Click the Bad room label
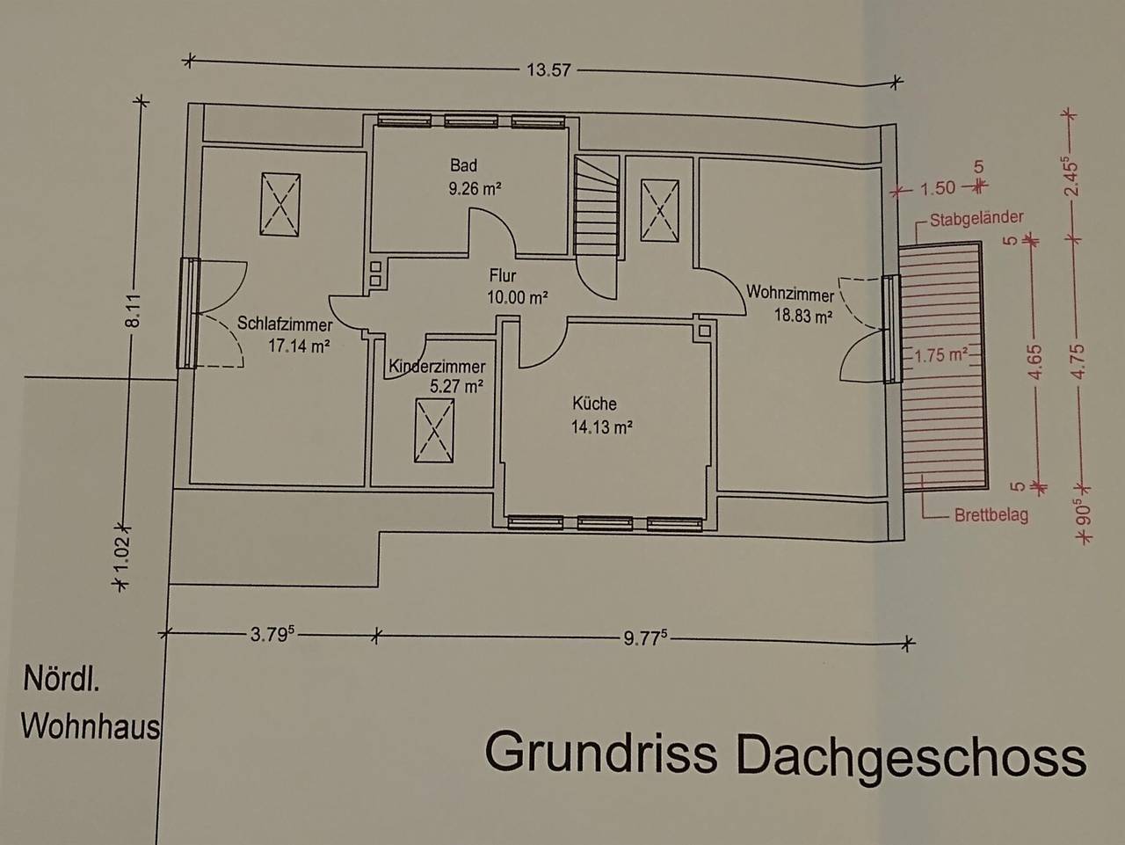pos(463,166)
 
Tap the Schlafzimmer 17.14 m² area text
pos(299,346)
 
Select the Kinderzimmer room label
pos(437,368)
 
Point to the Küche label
pos(595,404)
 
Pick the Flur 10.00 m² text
pos(518,297)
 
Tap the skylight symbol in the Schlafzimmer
pos(281,204)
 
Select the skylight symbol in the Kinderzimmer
pos(434,430)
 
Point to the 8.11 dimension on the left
pos(133,309)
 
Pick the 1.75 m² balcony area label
pos(940,356)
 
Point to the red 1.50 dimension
pos(938,188)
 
